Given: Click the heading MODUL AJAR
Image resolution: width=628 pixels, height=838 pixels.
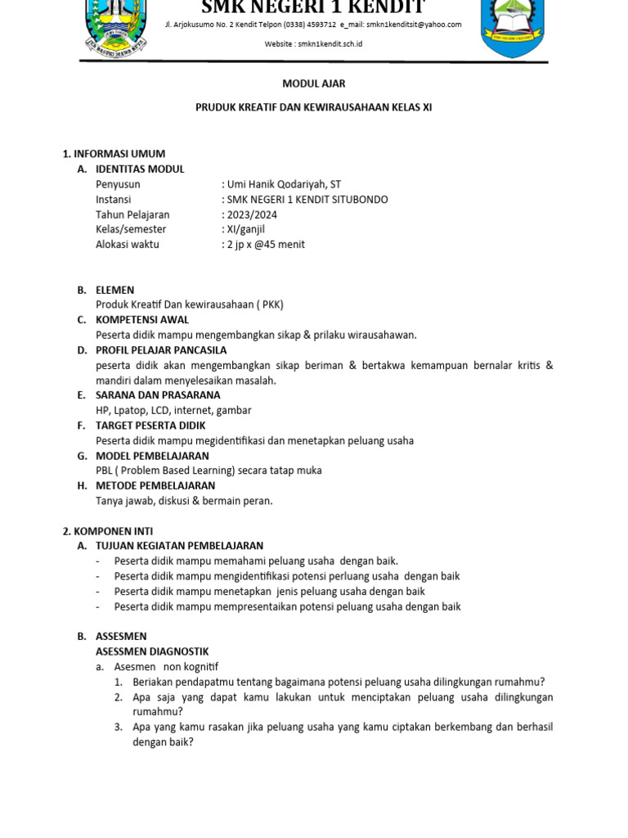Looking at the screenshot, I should tap(313, 83).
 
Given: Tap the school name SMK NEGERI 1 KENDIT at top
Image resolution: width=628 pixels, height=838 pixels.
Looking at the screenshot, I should tap(313, 8).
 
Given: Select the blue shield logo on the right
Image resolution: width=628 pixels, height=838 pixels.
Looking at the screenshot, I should tap(512, 29).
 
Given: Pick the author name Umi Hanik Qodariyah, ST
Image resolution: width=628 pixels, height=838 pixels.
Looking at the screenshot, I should tap(283, 184).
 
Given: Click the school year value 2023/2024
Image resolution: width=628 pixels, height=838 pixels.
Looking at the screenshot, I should tap(251, 214).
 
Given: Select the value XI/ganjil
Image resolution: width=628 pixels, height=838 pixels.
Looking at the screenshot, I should tap(244, 229).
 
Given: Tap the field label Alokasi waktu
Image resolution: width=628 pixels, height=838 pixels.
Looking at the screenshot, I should tap(128, 244).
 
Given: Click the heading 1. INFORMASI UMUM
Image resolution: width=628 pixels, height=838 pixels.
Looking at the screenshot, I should tap(114, 154).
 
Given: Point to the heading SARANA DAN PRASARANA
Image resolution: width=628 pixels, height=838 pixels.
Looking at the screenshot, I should tap(158, 395).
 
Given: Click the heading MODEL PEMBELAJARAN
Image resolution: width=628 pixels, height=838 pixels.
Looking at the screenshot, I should tap(152, 456).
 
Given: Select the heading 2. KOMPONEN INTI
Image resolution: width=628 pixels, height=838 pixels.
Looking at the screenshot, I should tap(108, 531).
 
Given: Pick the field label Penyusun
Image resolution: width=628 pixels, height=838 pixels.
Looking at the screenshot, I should tap(118, 184).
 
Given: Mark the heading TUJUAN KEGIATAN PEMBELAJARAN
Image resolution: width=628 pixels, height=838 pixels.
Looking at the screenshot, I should tap(179, 546).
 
